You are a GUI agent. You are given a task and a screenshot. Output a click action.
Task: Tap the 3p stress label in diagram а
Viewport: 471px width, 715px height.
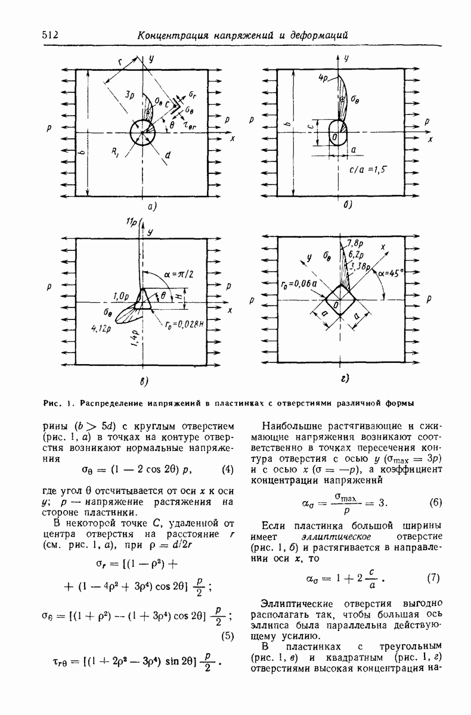129,95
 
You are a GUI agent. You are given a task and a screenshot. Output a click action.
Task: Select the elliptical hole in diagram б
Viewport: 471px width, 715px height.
337,132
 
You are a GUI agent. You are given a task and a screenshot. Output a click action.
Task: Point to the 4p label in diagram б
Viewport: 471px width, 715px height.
324,78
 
